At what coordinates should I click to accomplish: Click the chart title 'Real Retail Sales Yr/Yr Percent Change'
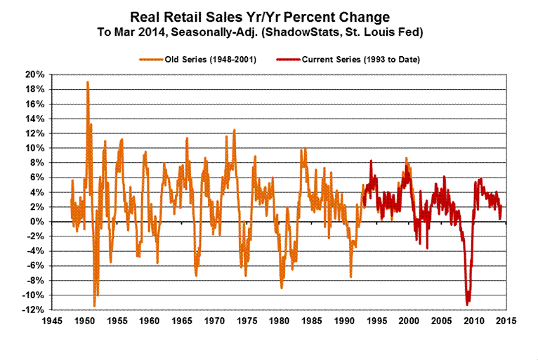point(269,16)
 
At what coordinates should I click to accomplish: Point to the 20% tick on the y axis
point(36,74)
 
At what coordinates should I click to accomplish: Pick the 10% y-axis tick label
point(36,148)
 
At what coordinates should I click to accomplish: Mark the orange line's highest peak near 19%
point(87,82)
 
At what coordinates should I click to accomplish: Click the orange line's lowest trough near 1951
point(95,305)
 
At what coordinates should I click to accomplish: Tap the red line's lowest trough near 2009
point(467,304)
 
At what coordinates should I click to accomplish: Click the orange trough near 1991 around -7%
point(350,276)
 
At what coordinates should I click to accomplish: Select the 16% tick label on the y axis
point(36,104)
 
